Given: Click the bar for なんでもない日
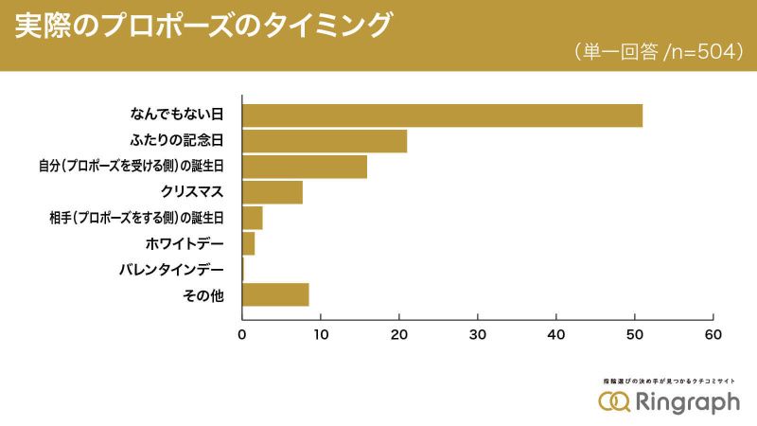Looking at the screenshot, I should [442, 115].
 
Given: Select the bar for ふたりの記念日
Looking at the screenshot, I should [325, 141].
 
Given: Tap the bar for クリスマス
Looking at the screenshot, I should [273, 192].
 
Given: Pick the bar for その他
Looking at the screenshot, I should [275, 294].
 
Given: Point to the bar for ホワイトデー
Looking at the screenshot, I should [249, 243].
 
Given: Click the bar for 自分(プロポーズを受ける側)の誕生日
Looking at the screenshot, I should [305, 167].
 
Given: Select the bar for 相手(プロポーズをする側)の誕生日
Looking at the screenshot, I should [253, 218].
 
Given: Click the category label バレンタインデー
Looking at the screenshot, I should [171, 270].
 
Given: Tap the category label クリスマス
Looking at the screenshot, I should [193, 192].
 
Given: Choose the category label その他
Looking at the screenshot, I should [203, 295].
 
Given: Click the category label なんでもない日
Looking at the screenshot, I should [176, 115].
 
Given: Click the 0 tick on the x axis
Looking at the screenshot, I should [242, 334].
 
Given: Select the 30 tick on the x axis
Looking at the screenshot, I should [478, 334].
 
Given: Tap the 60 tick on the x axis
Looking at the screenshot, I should [713, 334].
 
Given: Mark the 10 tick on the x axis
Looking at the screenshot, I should [321, 334].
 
